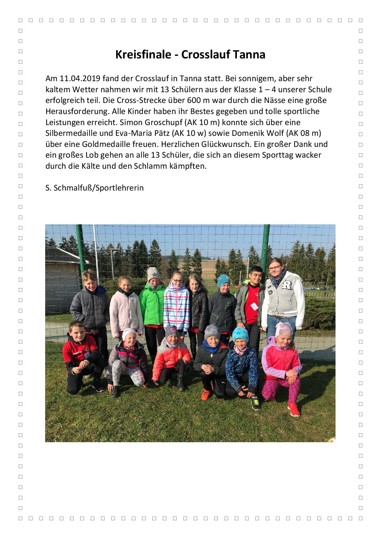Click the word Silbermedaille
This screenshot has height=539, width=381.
pyautogui.click(x=71, y=133)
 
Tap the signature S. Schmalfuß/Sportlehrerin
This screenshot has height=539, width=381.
pyautogui.click(x=94, y=188)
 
